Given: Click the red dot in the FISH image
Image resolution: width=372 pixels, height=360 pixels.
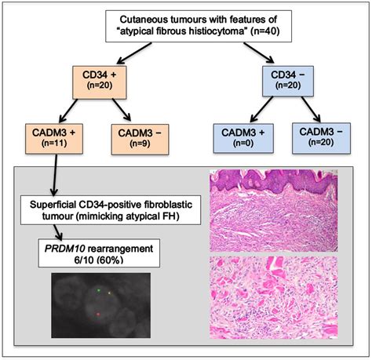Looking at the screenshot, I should click(x=97, y=312).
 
